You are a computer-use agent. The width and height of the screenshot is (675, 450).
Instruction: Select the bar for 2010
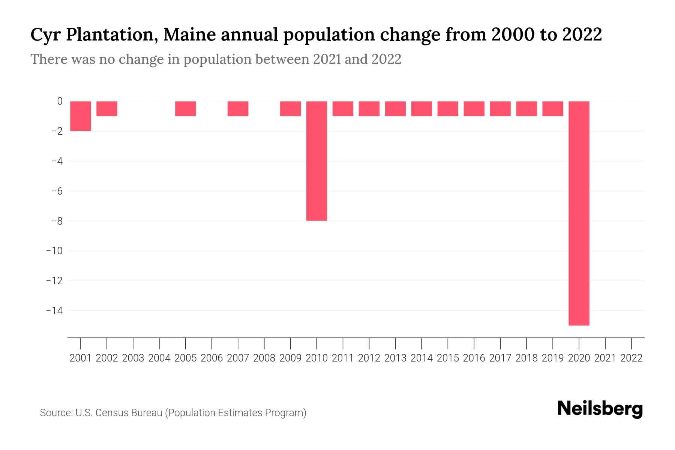(x=316, y=161)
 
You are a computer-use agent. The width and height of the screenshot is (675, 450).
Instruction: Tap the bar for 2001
(x=81, y=116)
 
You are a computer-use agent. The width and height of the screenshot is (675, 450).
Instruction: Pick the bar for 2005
(x=186, y=109)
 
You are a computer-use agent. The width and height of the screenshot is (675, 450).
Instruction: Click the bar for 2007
(x=238, y=109)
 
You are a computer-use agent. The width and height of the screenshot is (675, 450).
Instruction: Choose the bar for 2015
(x=448, y=109)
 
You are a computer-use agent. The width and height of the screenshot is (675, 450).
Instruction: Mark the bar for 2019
(x=553, y=109)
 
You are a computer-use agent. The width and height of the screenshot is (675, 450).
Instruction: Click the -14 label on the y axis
(x=54, y=310)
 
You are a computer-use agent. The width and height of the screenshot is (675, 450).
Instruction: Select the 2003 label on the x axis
(x=133, y=358)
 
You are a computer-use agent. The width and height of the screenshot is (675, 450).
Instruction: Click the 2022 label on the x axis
(x=631, y=358)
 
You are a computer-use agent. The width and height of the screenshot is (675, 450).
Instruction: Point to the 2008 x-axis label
(x=264, y=358)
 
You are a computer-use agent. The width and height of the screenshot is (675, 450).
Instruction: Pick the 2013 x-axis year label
(x=395, y=358)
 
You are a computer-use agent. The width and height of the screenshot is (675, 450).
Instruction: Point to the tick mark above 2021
(x=605, y=343)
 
